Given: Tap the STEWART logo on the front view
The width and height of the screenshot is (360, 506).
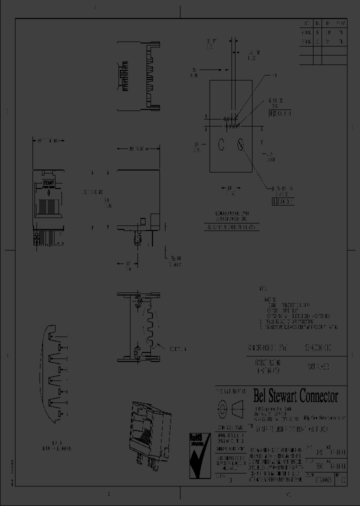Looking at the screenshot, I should point(48,183).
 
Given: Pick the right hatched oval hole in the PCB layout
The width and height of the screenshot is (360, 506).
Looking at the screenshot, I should point(240,144).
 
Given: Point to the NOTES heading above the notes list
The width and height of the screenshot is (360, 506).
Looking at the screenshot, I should point(263,289).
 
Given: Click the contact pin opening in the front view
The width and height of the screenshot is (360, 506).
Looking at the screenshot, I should point(48,205).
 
